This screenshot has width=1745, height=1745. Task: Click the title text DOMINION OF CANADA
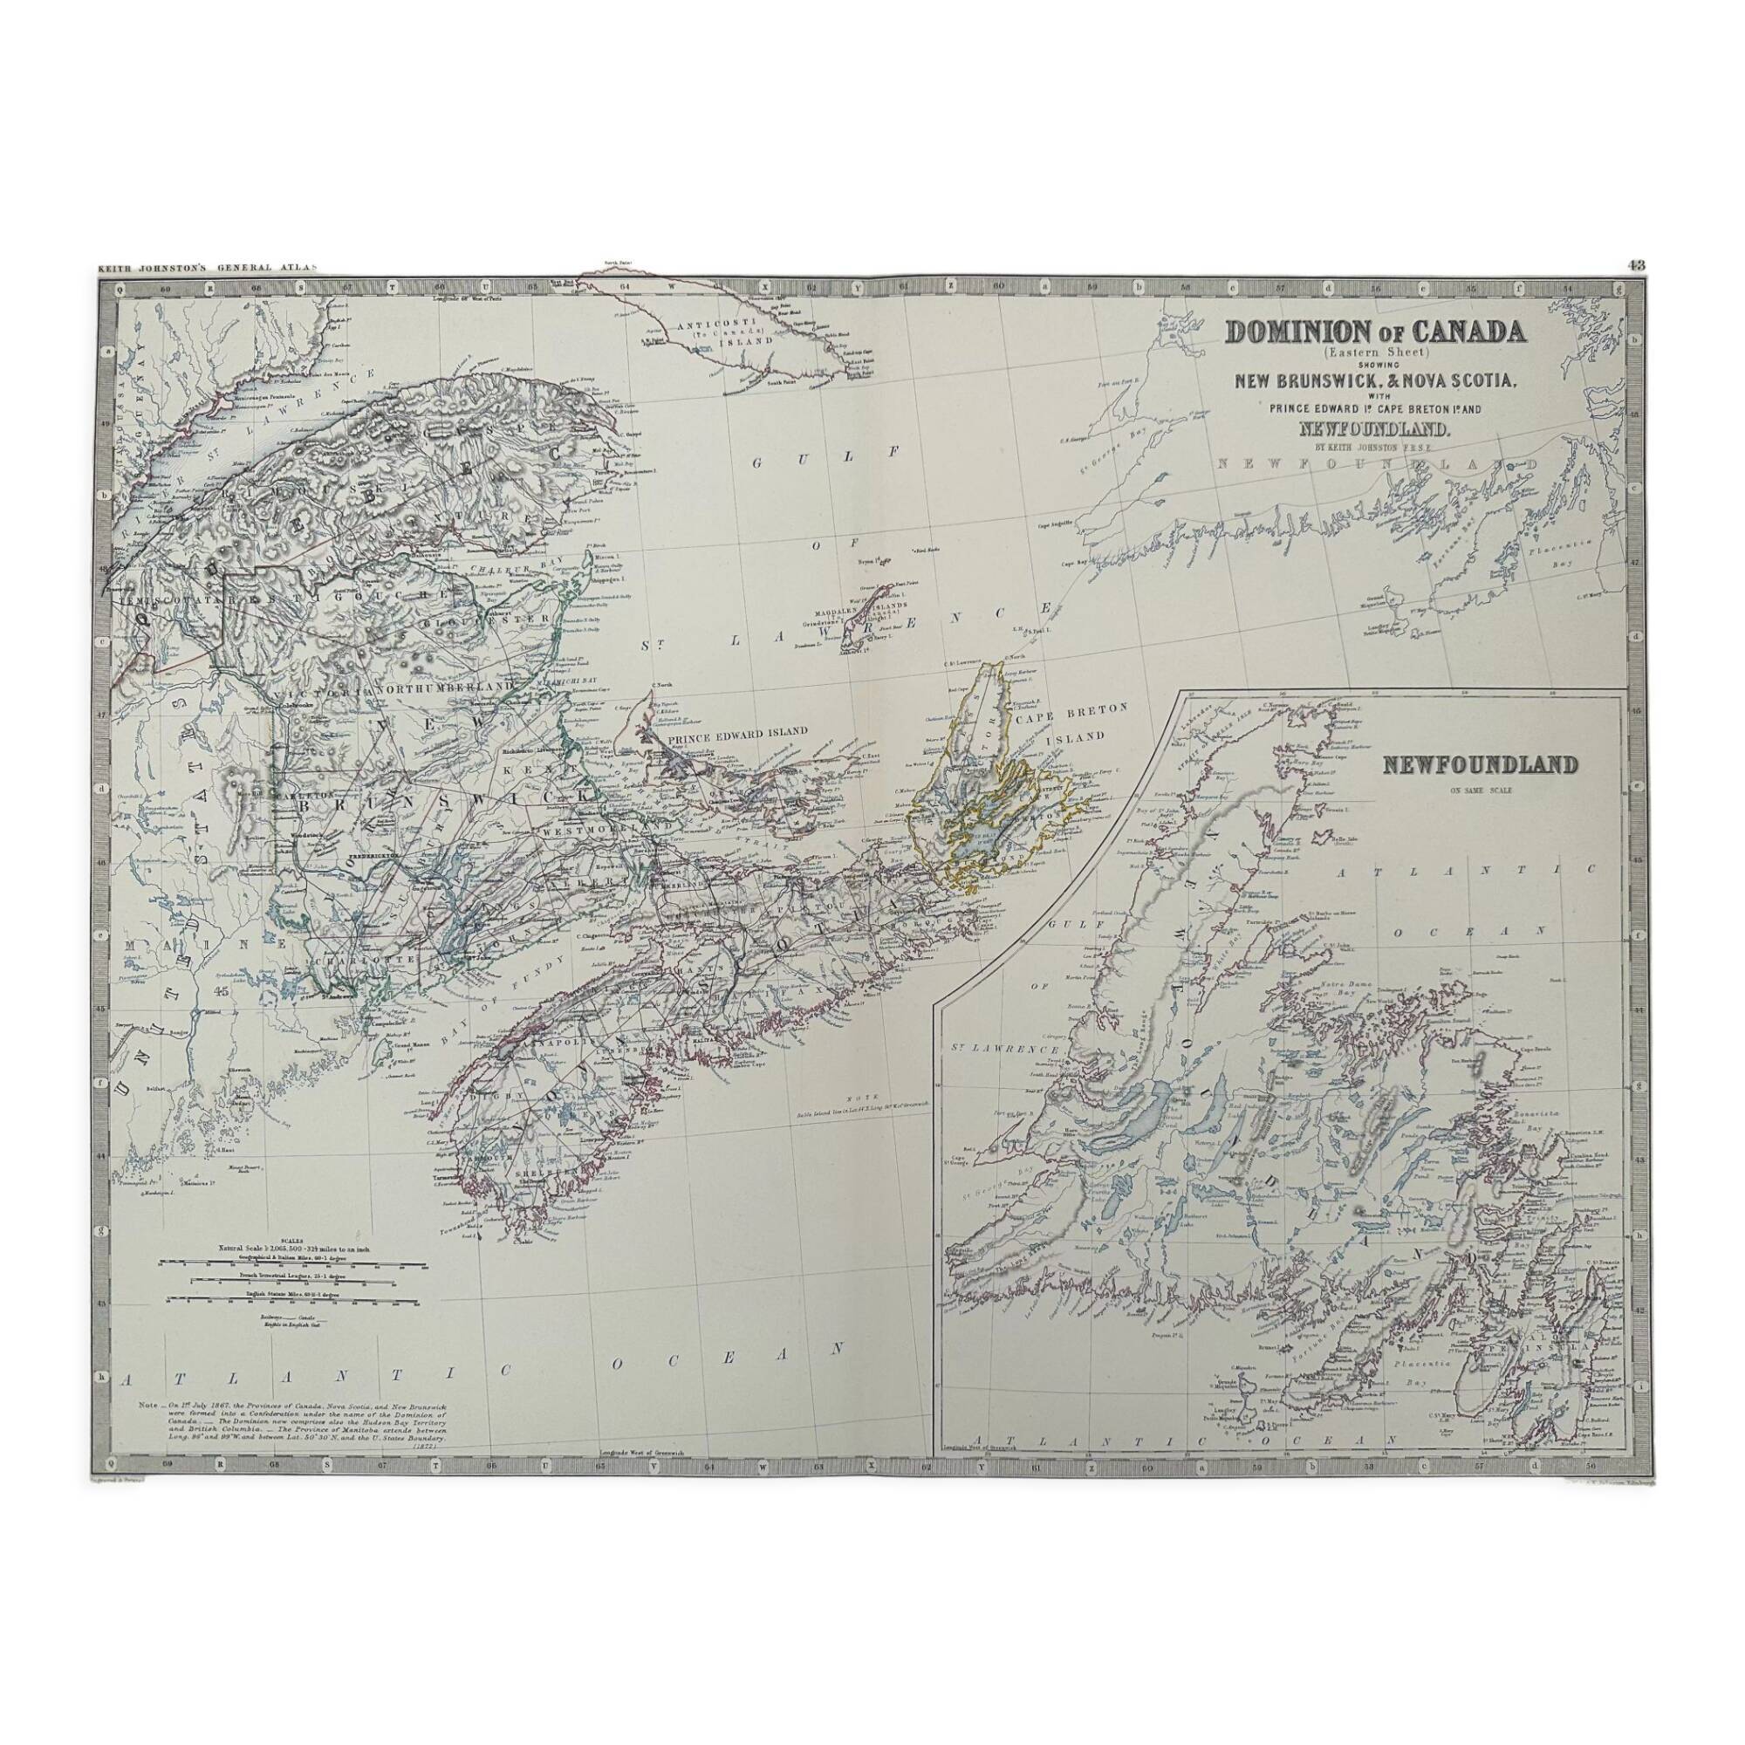pos(1374,332)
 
